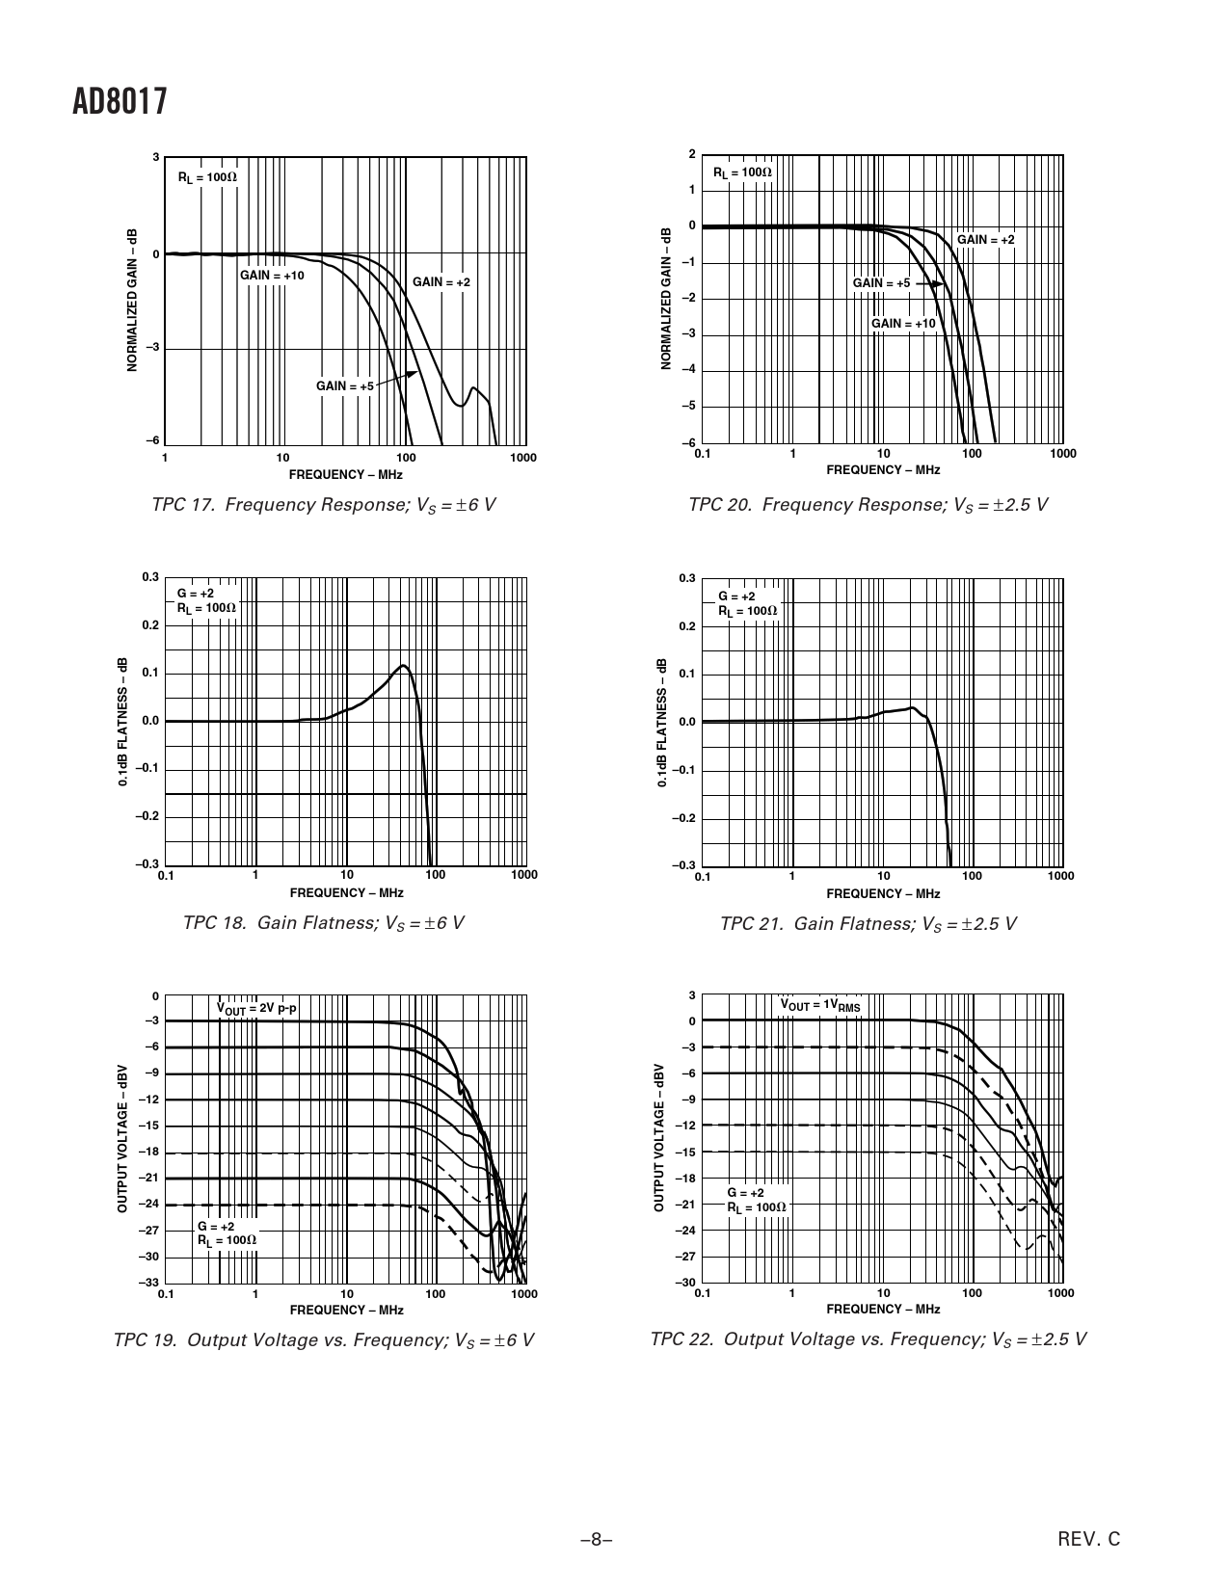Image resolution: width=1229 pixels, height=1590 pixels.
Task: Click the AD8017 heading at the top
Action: coord(120,103)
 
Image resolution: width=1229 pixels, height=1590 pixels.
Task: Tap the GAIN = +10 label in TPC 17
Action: coord(272,276)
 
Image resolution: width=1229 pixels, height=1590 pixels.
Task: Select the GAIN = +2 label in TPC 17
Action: coord(441,282)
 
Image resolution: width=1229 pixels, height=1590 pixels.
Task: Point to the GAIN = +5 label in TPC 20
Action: coord(881,283)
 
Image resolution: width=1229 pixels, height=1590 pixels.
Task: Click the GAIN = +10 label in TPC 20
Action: coord(903,324)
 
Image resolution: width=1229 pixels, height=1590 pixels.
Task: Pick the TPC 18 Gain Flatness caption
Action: coord(323,923)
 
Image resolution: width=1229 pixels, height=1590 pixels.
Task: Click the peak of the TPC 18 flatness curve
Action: coord(403,665)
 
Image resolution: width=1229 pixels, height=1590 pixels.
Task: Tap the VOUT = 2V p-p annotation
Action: coord(256,1008)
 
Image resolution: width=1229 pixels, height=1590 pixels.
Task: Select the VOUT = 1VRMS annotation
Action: coord(819,1005)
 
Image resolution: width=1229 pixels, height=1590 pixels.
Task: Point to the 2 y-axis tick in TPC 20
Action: coord(691,154)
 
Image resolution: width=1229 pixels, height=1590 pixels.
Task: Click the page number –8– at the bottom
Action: coord(597,1539)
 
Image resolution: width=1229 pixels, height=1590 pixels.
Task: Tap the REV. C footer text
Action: coord(1089,1539)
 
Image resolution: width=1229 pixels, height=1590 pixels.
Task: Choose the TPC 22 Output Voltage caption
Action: coord(868,1339)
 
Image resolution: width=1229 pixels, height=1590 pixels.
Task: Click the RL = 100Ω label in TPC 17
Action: coord(206,178)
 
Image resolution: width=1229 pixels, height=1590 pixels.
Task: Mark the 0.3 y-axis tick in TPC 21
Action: coord(686,578)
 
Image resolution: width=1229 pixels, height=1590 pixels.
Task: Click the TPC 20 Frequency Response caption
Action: coord(868,505)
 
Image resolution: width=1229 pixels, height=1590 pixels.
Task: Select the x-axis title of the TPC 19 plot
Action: coord(346,1310)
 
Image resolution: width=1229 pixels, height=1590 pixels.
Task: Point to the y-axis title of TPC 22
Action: coord(659,1138)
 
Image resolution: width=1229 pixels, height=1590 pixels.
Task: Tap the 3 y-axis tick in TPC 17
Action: coord(156,156)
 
